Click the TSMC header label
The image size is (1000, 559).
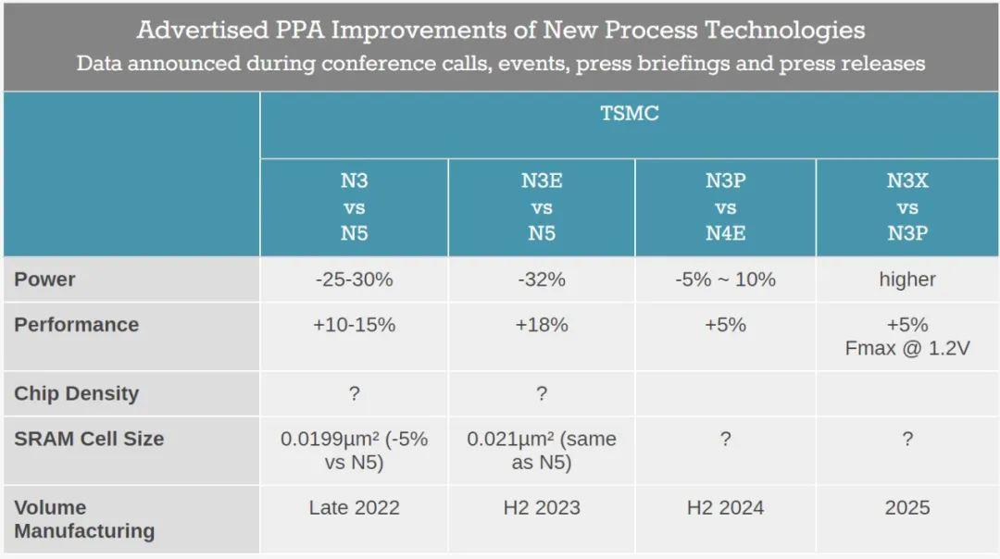coord(630,114)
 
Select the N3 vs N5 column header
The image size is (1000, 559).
coord(354,207)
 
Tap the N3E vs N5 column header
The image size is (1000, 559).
coord(541,207)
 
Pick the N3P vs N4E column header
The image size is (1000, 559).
coord(725,207)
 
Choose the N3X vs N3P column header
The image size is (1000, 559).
coord(906,207)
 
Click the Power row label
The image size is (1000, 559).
coord(44,279)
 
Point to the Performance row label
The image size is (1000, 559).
coord(76,325)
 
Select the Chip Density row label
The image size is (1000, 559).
coord(76,393)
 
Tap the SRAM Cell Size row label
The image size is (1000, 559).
coord(89,439)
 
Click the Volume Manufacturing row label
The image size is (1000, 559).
coord(83,519)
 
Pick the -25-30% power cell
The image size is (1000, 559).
coord(354,279)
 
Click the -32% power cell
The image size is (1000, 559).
coord(541,279)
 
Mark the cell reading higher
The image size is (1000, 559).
coord(906,279)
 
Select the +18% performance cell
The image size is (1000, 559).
coord(541,325)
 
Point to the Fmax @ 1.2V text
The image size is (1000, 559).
coord(906,349)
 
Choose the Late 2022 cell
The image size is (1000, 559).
coord(354,507)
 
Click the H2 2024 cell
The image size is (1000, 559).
coord(725,507)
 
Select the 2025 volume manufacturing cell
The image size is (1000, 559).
coord(906,507)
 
